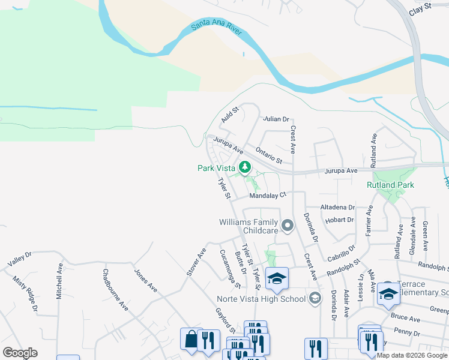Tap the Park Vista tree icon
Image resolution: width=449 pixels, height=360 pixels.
tap(244, 167)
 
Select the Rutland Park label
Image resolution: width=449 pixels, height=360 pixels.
tap(390, 185)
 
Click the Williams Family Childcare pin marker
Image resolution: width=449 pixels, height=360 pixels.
tap(288, 226)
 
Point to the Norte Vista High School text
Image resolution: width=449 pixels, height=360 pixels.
tap(261, 299)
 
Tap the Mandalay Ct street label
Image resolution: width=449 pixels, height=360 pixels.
tap(268, 195)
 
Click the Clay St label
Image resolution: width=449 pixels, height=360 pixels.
tap(420, 8)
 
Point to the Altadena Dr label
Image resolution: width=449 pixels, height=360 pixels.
tap(337, 208)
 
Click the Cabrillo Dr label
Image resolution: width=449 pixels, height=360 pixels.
tap(342, 251)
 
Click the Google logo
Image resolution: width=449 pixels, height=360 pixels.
tap(20, 353)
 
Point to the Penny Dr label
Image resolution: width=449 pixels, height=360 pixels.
tap(408, 331)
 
